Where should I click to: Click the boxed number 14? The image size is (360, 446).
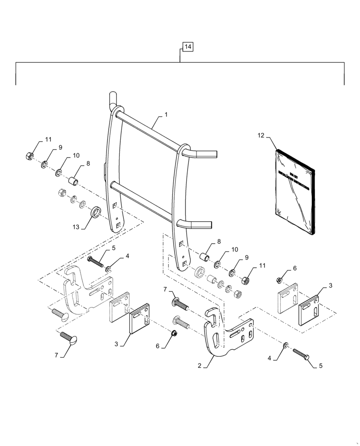pyautogui.click(x=187, y=47)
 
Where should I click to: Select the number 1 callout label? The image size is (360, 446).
pyautogui.click(x=165, y=115)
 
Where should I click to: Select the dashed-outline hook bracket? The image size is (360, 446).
pyautogui.click(x=85, y=290)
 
